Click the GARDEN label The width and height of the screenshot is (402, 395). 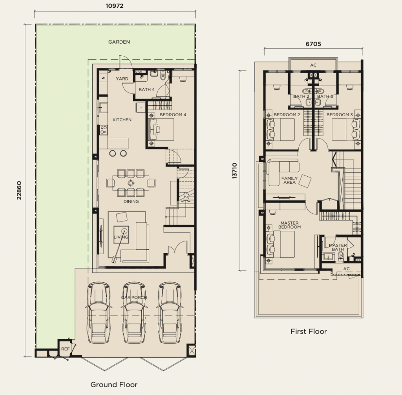pos(119,42)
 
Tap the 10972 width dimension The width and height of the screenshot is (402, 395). pos(115,5)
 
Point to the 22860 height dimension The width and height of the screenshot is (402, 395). pos(19,190)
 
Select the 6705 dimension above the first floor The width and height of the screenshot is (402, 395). pos(313,44)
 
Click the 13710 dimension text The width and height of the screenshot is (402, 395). pos(235,170)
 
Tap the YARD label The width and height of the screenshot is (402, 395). pos(122,79)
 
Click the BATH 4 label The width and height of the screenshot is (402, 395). pos(147,90)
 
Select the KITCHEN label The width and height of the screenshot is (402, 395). pos(122,120)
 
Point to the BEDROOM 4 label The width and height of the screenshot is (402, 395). pos(173,115)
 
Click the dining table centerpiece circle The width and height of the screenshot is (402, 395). pos(131,183)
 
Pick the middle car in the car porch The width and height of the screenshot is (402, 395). pos(134,313)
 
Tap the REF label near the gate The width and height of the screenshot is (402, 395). pos(66,349)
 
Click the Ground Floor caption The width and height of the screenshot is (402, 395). pos(114,384)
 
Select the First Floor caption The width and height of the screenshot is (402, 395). pos(309,331)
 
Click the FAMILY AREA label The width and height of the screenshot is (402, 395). pos(289,180)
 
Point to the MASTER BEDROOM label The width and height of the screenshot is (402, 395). pos(289,225)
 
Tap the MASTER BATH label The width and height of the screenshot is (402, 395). pos(338,247)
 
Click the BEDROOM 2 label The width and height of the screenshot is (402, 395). pos(287,115)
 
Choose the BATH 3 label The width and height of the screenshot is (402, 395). pos(325,97)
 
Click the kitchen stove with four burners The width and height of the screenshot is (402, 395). pos(104,130)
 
